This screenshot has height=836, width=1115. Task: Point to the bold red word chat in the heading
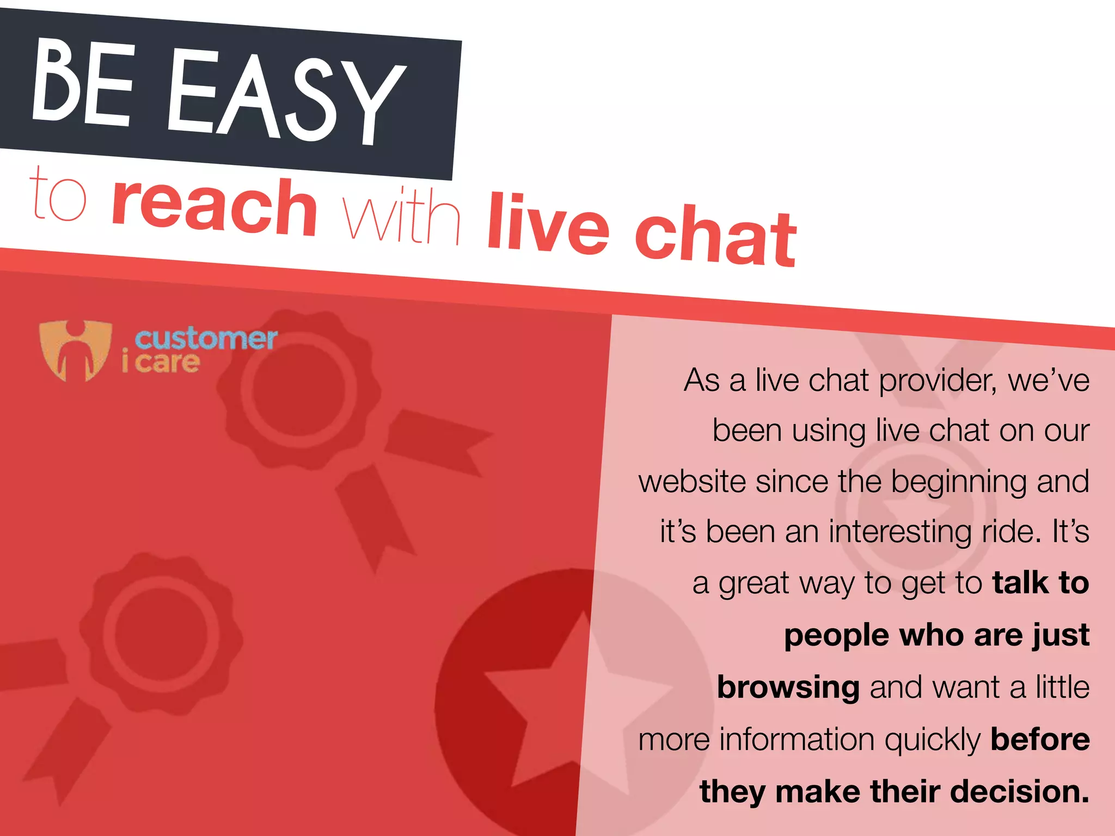click(x=715, y=236)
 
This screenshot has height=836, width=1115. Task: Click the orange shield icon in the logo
click(x=75, y=350)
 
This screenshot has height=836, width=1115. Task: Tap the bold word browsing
click(x=788, y=687)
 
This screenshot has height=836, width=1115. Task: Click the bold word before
click(x=1040, y=739)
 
